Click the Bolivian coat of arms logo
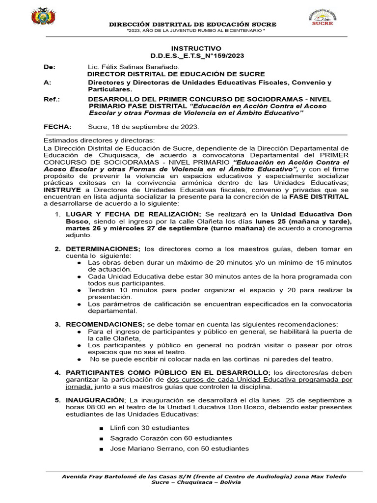tap(43, 16)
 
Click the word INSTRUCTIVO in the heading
tap(196, 49)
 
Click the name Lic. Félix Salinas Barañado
tap(134, 66)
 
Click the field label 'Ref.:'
tap(52, 99)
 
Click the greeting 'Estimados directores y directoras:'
tap(99, 141)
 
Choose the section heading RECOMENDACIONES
tap(105, 324)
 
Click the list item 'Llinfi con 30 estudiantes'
tap(149, 428)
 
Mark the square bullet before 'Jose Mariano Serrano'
tap(101, 449)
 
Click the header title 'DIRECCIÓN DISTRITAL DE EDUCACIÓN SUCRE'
tap(192, 24)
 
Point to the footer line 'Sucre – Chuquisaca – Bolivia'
tap(196, 482)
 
